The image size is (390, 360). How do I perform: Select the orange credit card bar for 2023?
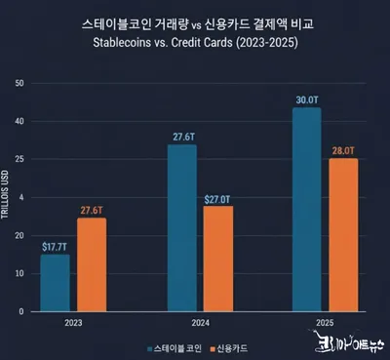pyautogui.click(x=91, y=264)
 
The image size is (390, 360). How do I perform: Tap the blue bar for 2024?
pyautogui.click(x=181, y=228)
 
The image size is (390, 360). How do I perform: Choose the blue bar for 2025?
pyautogui.click(x=306, y=210)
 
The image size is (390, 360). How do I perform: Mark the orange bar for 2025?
pyautogui.click(x=342, y=235)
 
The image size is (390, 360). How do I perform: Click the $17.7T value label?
pyautogui.click(x=55, y=247)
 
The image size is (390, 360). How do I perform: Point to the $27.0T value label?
pyautogui.click(x=217, y=199)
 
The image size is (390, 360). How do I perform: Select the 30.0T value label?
pyautogui.click(x=306, y=100)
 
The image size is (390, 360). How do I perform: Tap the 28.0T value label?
pyautogui.click(x=342, y=150)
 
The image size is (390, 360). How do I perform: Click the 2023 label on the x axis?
pyautogui.click(x=72, y=321)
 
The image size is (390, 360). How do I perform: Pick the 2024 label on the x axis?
pyautogui.click(x=199, y=321)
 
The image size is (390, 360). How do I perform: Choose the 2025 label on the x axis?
pyautogui.click(x=324, y=321)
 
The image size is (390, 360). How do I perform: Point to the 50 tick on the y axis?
pyautogui.click(x=19, y=83)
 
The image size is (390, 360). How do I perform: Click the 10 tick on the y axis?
pyautogui.click(x=19, y=273)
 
